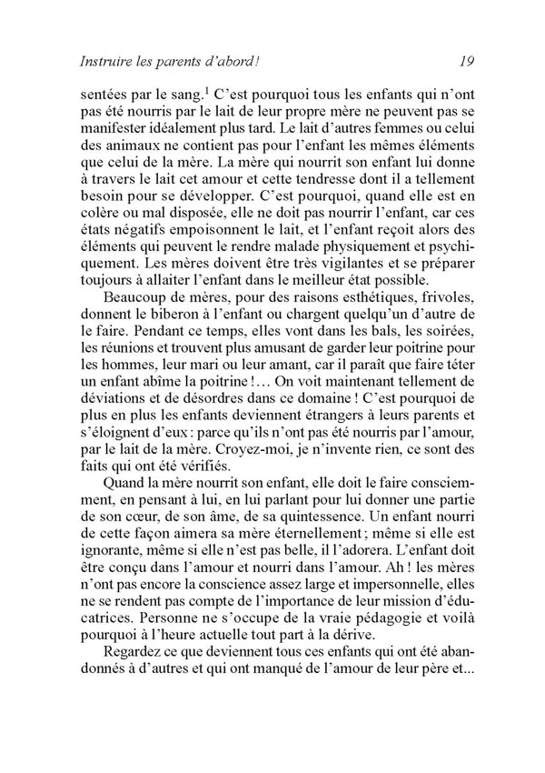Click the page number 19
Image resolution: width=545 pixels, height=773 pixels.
click(x=467, y=62)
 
